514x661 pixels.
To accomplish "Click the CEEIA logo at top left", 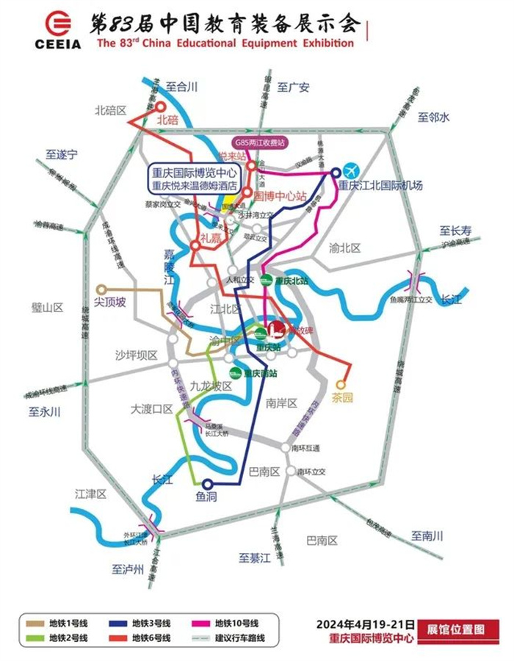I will (57, 29).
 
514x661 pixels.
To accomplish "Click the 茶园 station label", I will (342, 397).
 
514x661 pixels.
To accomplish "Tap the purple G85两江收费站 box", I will (259, 142).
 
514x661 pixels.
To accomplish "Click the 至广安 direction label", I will (294, 87).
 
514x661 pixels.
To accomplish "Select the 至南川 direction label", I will (427, 536).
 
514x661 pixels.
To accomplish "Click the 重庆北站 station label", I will (290, 281).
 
